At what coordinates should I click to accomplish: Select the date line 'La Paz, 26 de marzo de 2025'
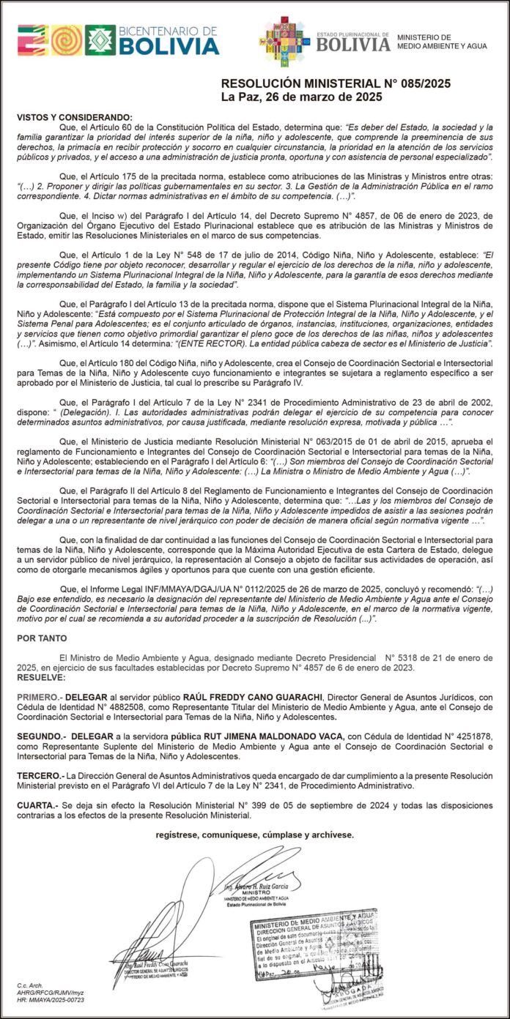pyautogui.click(x=301, y=97)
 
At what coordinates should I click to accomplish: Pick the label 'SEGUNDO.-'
pyautogui.click(x=43, y=734)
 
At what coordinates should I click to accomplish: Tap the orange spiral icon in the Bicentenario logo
pyautogui.click(x=66, y=40)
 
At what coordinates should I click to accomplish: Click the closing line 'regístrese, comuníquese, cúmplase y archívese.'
pyautogui.click(x=254, y=835)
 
